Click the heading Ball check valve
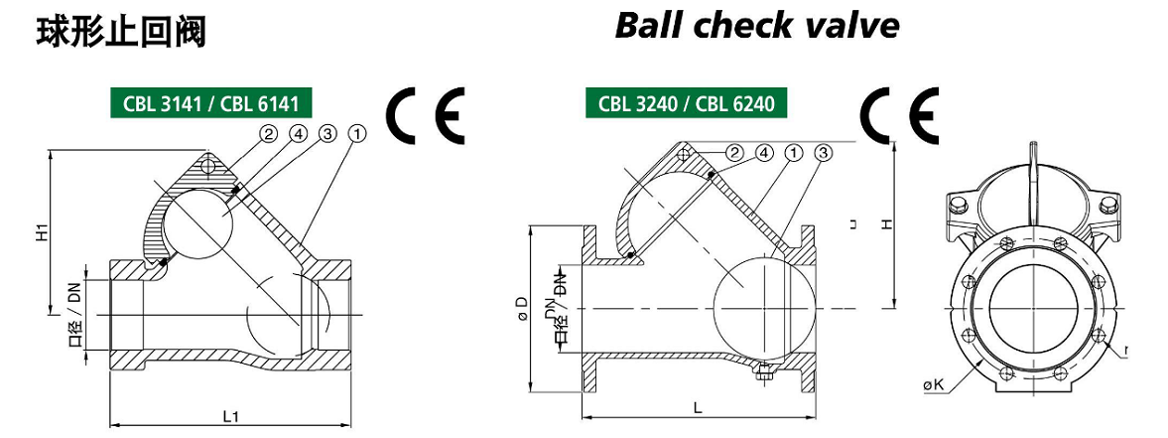(x=757, y=25)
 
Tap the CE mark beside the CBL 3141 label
(x=425, y=116)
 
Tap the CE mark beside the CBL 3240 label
(x=899, y=116)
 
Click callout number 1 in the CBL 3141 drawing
(x=358, y=133)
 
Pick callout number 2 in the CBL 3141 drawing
(x=269, y=133)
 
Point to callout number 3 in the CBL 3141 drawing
(x=327, y=133)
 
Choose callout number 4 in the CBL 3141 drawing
(x=297, y=133)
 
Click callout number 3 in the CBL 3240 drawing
(x=822, y=153)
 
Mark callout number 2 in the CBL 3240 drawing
(x=734, y=153)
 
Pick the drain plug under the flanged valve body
(x=763, y=373)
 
